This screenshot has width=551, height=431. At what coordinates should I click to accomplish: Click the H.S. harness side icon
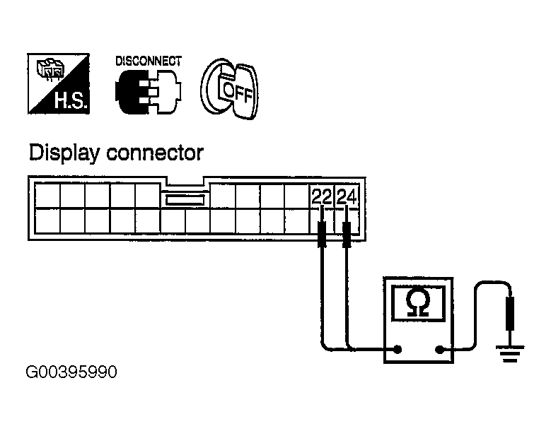pos(58,83)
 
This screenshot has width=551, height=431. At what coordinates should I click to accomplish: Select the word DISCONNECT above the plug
pos(149,61)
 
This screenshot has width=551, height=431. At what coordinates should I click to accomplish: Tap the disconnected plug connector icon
pos(149,92)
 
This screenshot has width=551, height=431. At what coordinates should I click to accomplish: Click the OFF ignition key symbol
pos(229,89)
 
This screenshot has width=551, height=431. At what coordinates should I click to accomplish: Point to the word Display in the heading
pos(64,154)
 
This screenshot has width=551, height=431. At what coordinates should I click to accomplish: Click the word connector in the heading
pos(155,154)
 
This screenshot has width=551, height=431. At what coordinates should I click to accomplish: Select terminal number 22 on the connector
pos(322,197)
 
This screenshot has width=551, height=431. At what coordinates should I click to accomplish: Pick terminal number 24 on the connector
pos(347,197)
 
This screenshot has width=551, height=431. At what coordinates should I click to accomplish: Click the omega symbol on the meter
pos(417,303)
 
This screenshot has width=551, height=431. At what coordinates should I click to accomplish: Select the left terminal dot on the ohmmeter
pos(398,349)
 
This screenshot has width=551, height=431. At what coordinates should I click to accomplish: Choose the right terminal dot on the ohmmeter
pos(439,349)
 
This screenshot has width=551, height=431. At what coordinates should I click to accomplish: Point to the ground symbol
pos(510,353)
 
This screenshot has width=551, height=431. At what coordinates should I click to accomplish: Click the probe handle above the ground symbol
pos(510,314)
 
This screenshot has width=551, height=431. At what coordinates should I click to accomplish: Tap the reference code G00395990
pos(71,372)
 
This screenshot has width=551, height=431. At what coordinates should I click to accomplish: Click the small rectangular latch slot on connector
pos(185,200)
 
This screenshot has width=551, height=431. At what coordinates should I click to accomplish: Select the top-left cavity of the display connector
pos(47,196)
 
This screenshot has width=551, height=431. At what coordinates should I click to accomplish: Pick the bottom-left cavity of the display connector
pos(47,220)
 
